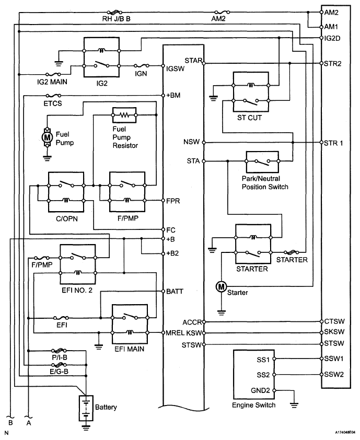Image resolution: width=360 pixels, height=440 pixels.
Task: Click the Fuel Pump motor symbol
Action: click(47, 137)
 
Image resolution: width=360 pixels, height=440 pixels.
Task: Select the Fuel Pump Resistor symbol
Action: click(124, 113)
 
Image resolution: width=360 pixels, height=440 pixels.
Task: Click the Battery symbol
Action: click(84, 408)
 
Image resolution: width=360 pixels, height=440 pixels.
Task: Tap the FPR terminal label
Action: click(173, 201)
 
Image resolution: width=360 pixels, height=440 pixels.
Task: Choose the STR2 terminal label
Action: click(333, 64)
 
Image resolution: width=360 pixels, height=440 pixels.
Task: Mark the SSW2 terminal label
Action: click(333, 374)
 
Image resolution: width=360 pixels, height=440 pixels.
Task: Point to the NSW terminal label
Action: click(191, 142)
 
